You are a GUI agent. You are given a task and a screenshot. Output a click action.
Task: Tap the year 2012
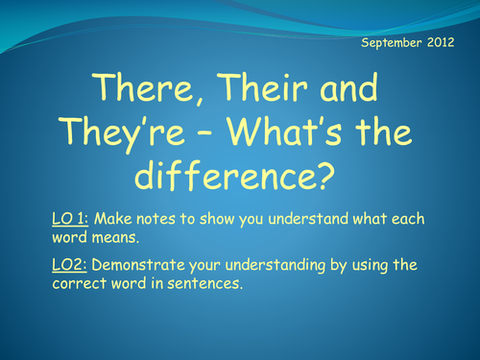coord(447,44)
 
